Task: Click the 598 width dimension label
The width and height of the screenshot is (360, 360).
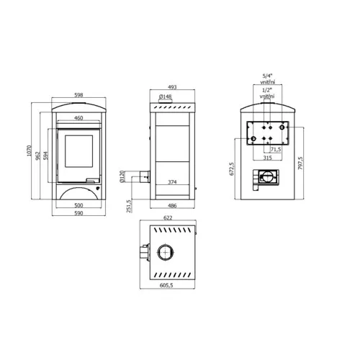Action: [x=78, y=95]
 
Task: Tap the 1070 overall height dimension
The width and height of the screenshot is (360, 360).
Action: [x=30, y=150]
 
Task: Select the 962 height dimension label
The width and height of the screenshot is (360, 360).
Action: [x=38, y=156]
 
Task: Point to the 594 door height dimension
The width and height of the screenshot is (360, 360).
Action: [x=46, y=156]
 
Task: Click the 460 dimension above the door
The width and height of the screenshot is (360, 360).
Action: [x=78, y=118]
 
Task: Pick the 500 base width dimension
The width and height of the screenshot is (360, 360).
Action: [x=78, y=205]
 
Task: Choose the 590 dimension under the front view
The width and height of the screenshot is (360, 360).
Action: [x=78, y=213]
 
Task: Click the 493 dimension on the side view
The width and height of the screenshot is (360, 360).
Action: [x=172, y=87]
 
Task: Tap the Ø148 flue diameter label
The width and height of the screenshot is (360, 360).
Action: [x=166, y=96]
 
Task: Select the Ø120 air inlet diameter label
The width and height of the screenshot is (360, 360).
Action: [x=122, y=176]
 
